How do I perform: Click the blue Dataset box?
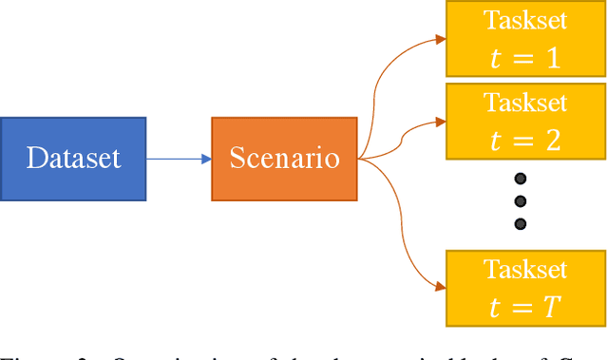pyautogui.click(x=73, y=159)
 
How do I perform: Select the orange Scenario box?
pyautogui.click(x=284, y=159)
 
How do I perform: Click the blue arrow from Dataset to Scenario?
pyautogui.click(x=179, y=159)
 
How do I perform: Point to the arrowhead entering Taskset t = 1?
pyautogui.click(x=440, y=40)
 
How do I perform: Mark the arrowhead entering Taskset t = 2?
pyautogui.click(x=440, y=122)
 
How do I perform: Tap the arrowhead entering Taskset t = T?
pyautogui.click(x=440, y=286)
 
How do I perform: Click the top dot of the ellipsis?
pyautogui.click(x=520, y=178)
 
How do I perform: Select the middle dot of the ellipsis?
pyautogui.click(x=520, y=200)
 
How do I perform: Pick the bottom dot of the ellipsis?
pyautogui.click(x=520, y=224)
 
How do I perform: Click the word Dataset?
pyautogui.click(x=74, y=158)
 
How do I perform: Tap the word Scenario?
pyautogui.click(x=285, y=158)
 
